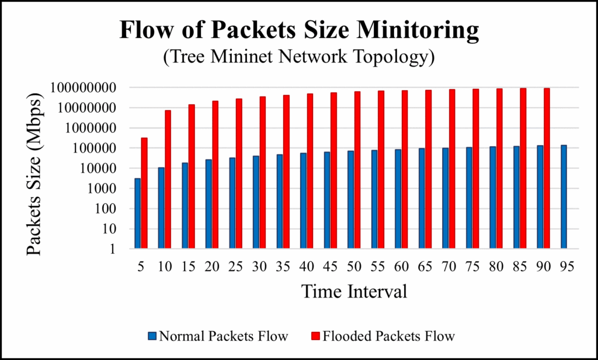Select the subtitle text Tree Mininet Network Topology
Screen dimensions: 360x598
point(299,58)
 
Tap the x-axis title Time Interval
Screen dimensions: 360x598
point(354,290)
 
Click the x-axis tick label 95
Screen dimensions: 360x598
point(565,266)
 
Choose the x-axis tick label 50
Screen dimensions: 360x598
point(354,266)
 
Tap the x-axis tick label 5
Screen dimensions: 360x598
point(141,266)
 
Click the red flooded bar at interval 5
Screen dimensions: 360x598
point(144,193)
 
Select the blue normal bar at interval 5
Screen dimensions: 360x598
point(138,213)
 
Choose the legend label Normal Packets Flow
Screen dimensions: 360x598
point(224,336)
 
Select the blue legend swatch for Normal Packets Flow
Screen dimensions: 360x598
point(152,336)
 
